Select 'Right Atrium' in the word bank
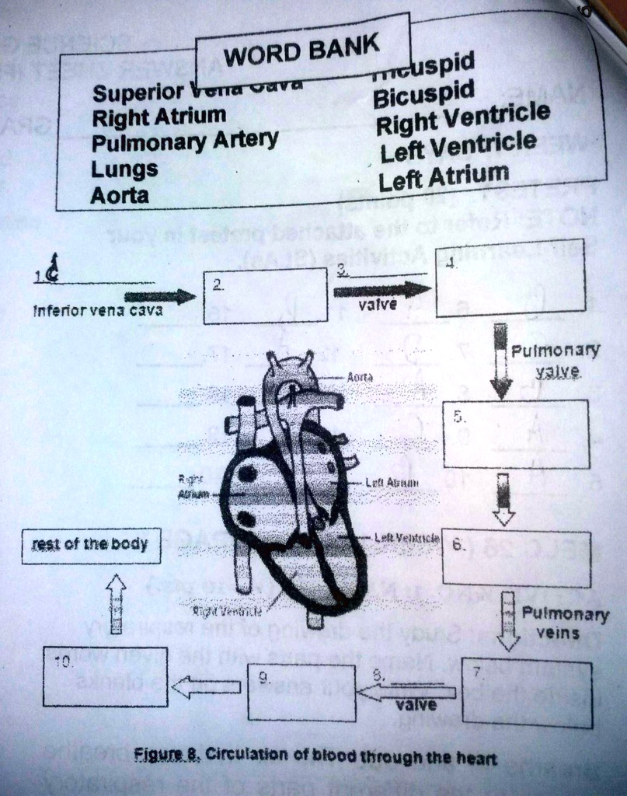pos(158,117)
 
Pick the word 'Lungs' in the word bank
pos(124,169)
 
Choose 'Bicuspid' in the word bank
pos(423,96)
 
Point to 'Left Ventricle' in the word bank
pos(458,145)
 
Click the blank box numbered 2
pos(265,295)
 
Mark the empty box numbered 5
pos(516,434)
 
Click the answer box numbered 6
pos(517,559)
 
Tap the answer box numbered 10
pos(105,676)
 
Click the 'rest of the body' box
pos(91,545)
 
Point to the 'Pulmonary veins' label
pos(565,623)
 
